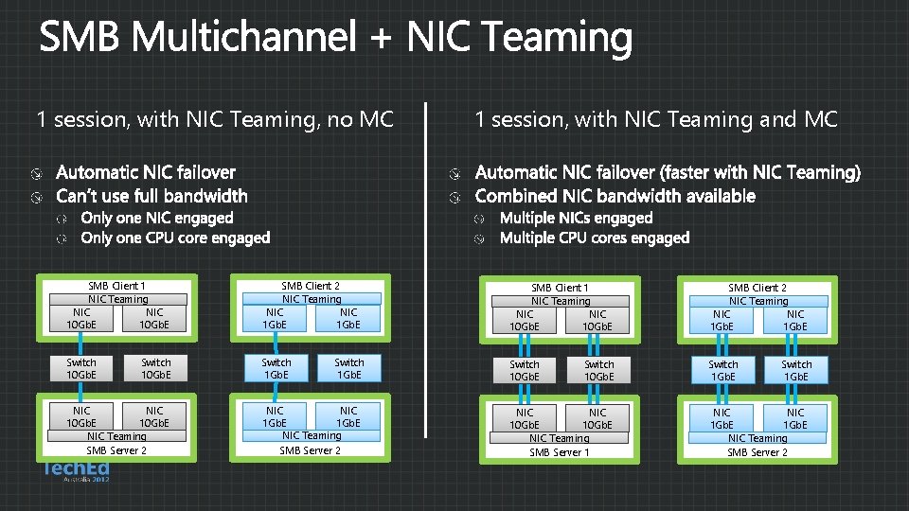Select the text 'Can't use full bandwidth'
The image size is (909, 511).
(151, 196)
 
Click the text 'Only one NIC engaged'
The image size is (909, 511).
(157, 218)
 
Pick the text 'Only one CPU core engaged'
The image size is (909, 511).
(175, 238)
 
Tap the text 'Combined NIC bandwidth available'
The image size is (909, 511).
(615, 196)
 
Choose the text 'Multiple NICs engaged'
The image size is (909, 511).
(576, 218)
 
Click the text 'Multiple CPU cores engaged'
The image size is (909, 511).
(594, 238)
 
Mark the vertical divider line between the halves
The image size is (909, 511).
(426, 270)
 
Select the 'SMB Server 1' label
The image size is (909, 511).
(559, 452)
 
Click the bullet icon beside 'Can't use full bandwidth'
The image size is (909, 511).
(35, 197)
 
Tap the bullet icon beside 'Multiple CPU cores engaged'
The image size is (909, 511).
(480, 238)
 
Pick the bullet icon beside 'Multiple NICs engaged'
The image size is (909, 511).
(480, 219)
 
